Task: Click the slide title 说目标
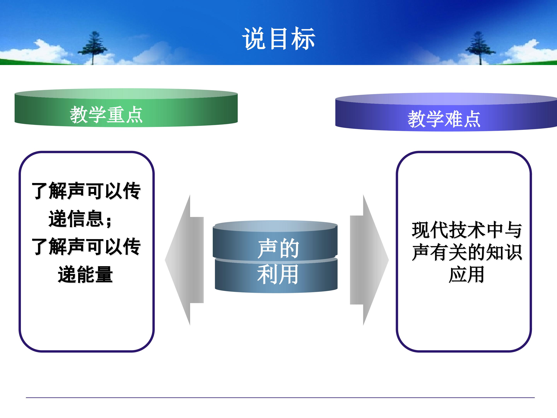click(x=278, y=39)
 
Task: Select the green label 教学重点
click(x=106, y=115)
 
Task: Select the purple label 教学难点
click(x=444, y=119)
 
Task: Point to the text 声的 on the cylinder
click(x=278, y=248)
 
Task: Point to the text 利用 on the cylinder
click(x=278, y=274)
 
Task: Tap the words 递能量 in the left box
click(x=85, y=274)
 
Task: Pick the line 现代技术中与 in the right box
click(x=467, y=230)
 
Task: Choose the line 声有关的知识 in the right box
click(x=467, y=252)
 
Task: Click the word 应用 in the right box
click(x=466, y=274)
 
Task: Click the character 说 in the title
click(x=254, y=39)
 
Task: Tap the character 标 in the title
click(x=303, y=39)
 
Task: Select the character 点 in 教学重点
click(x=134, y=115)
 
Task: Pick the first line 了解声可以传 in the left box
click(x=86, y=191)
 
